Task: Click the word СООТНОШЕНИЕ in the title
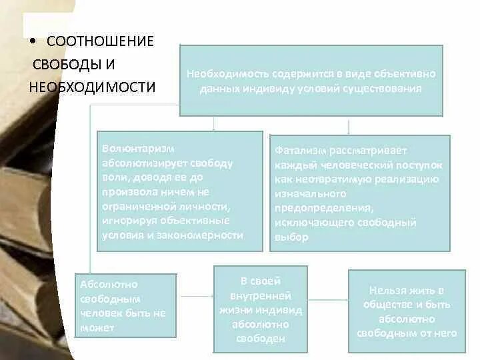[100, 41]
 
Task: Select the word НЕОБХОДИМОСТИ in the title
[92, 87]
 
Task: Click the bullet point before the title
[33, 42]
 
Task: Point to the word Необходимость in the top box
[219, 74]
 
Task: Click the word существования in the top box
[388, 89]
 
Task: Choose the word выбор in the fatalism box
[291, 237]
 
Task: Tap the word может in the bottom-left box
[97, 327]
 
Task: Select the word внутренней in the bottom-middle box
[260, 295]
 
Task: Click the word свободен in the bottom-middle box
[260, 339]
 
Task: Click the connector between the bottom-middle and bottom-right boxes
[328, 299]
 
